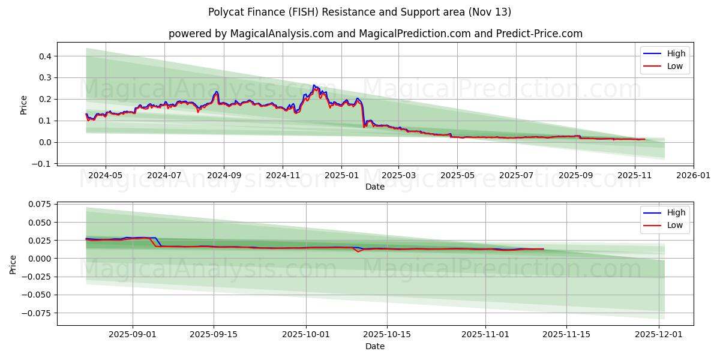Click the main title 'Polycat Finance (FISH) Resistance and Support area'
[x=359, y=12]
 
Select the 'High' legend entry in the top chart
[x=676, y=53]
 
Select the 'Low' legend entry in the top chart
[x=675, y=66]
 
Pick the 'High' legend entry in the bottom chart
[x=676, y=212]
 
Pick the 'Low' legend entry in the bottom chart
[x=675, y=225]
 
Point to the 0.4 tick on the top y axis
[x=46, y=56]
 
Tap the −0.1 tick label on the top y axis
[x=44, y=164]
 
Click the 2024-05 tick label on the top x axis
[x=106, y=176]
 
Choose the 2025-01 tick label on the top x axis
[x=341, y=176]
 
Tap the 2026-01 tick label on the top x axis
[x=694, y=176]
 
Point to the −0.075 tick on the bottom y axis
[x=38, y=313]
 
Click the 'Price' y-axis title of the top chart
[x=24, y=104]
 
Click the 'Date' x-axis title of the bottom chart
[x=375, y=346]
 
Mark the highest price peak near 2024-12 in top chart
[x=314, y=85]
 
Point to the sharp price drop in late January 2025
[x=363, y=117]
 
